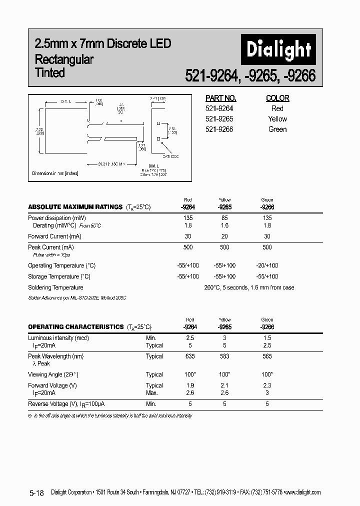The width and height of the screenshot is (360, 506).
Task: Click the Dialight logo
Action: pyautogui.click(x=279, y=49)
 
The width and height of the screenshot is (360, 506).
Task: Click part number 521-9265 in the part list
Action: pyautogui.click(x=219, y=119)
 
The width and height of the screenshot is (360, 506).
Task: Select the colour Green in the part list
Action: pyautogui.click(x=277, y=129)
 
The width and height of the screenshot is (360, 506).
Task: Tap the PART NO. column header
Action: pyautogui.click(x=221, y=98)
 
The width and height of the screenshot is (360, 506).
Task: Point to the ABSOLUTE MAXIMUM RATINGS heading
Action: pyautogui.click(x=75, y=206)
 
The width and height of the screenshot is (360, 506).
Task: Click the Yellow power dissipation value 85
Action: pyautogui.click(x=224, y=218)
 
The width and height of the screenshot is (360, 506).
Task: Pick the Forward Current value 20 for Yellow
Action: pyautogui.click(x=224, y=236)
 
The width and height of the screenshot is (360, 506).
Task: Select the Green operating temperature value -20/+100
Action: pyautogui.click(x=267, y=265)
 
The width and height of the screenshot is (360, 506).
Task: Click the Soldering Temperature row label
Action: pyautogui.click(x=55, y=287)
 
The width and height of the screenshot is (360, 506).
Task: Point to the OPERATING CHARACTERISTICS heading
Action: pyautogui.click(x=76, y=326)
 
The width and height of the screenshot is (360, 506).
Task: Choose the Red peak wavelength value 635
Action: pyautogui.click(x=189, y=356)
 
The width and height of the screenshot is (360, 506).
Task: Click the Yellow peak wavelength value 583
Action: pyautogui.click(x=224, y=356)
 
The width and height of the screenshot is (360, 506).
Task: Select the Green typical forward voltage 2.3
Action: pyautogui.click(x=267, y=385)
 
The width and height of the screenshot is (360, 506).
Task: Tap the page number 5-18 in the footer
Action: pyautogui.click(x=36, y=493)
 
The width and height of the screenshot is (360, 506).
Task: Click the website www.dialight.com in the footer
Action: pyautogui.click(x=302, y=492)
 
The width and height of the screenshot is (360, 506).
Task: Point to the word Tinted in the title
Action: pyautogui.click(x=50, y=73)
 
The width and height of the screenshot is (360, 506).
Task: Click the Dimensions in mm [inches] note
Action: pyautogui.click(x=55, y=173)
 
